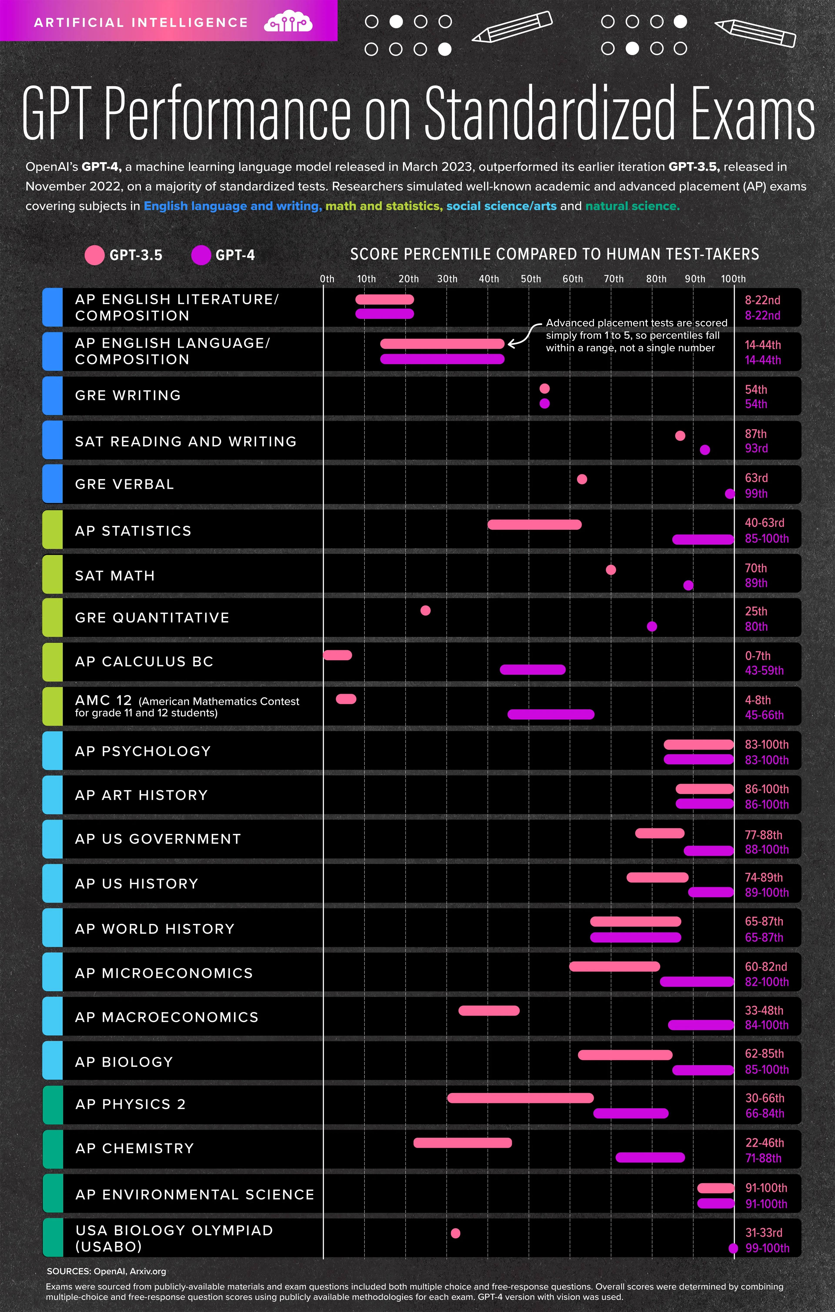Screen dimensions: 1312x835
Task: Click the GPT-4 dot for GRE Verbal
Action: (x=730, y=494)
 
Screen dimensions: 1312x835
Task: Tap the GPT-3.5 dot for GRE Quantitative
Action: (x=425, y=610)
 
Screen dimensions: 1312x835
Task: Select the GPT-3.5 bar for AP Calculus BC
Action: (x=337, y=655)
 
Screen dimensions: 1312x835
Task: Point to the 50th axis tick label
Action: (x=531, y=279)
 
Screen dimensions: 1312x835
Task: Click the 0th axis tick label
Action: (x=327, y=279)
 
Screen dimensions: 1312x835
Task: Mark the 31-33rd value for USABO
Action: (x=764, y=1232)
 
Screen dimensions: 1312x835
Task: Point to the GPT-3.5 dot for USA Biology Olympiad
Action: (x=455, y=1233)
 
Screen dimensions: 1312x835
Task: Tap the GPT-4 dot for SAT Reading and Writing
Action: (x=705, y=450)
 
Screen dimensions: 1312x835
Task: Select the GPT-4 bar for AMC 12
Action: (x=551, y=714)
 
